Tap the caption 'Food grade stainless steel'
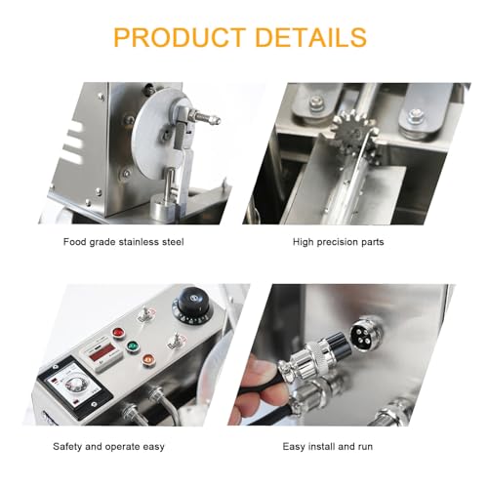pos(122,240)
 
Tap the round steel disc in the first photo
pos(161,146)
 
